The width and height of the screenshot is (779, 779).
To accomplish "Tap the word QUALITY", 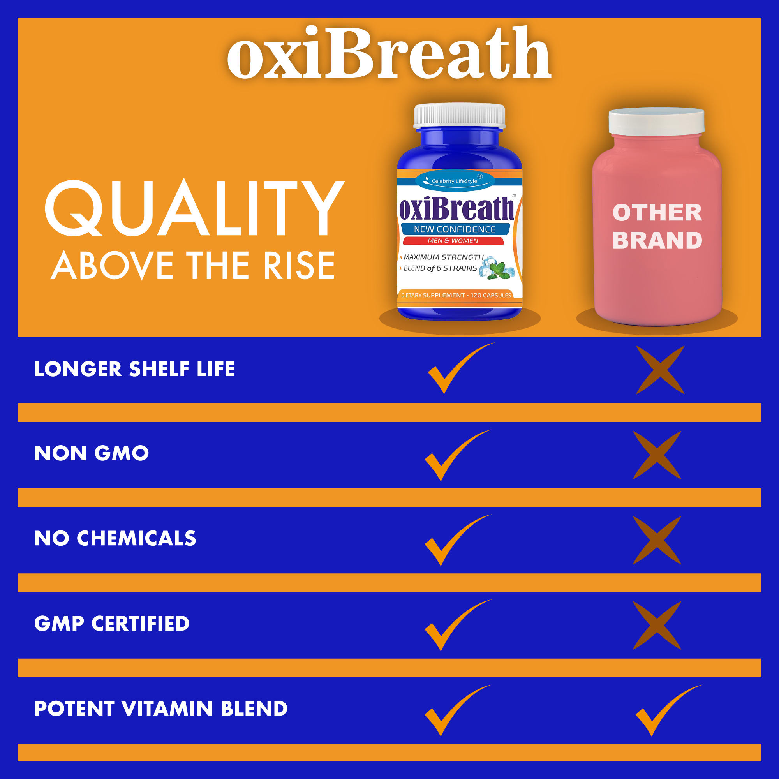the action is point(195,208).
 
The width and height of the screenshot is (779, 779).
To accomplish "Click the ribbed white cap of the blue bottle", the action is point(459,116).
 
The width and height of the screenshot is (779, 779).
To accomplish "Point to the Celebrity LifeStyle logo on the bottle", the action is point(455,181).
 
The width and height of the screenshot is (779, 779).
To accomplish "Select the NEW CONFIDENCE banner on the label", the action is point(455,229).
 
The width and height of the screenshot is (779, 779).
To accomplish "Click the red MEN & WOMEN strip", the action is point(453,241).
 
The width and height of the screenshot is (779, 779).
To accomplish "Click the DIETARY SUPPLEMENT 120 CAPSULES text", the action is point(456,295).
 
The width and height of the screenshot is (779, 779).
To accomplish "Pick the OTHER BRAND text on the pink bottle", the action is point(657,226).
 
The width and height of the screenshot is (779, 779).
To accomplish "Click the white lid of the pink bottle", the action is point(656,121).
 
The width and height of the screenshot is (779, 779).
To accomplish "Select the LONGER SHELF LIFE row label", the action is point(134,369).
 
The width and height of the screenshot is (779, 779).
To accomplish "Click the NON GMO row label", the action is point(92,453).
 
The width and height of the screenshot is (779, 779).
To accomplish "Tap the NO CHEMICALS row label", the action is point(115,538).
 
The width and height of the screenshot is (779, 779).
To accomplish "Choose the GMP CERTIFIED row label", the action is point(112,623).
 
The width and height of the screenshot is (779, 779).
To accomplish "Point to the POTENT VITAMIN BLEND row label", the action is point(161,709).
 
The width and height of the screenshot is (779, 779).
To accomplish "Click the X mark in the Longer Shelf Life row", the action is point(660,370).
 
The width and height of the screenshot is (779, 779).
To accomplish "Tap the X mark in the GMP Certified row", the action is point(657,626).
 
